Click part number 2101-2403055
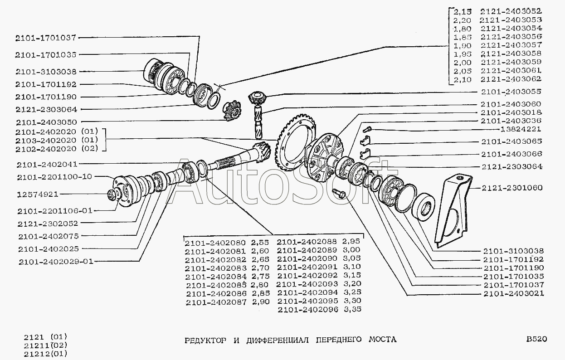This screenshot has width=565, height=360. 511,92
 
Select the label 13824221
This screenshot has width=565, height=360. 521,129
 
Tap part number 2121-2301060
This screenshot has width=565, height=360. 512,188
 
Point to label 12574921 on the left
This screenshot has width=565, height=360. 38,195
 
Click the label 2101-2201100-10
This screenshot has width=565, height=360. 54,177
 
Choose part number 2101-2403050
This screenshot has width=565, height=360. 46,122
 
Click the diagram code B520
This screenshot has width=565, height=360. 537,339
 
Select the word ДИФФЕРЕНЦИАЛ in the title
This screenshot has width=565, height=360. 278,340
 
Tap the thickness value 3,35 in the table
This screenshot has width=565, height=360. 352,309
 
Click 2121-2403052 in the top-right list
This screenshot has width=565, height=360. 511,11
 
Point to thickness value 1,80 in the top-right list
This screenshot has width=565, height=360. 463,29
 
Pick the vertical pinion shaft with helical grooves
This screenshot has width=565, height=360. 258,122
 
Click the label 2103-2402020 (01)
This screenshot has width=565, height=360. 57,140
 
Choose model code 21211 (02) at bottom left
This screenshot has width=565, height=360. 46,345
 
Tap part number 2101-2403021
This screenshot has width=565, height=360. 514,294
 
